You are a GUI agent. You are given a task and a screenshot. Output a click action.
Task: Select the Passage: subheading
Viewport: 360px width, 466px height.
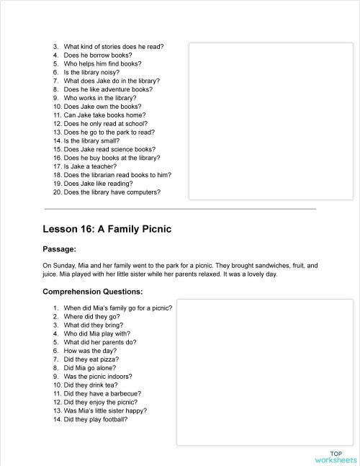coord(60,249)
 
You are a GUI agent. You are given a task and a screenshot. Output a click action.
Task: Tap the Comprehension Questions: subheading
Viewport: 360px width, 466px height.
coord(93,292)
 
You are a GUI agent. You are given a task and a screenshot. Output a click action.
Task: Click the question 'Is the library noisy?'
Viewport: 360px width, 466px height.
coord(94,73)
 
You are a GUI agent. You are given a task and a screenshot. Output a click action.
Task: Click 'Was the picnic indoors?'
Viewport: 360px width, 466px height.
coord(98,377)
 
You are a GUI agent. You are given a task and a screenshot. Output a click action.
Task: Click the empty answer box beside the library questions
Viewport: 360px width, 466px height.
coord(271,122)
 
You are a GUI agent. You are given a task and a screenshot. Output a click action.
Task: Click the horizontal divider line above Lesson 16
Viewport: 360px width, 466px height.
coord(180,209)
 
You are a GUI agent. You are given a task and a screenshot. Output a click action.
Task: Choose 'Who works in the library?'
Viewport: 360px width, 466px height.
coord(100,98)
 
